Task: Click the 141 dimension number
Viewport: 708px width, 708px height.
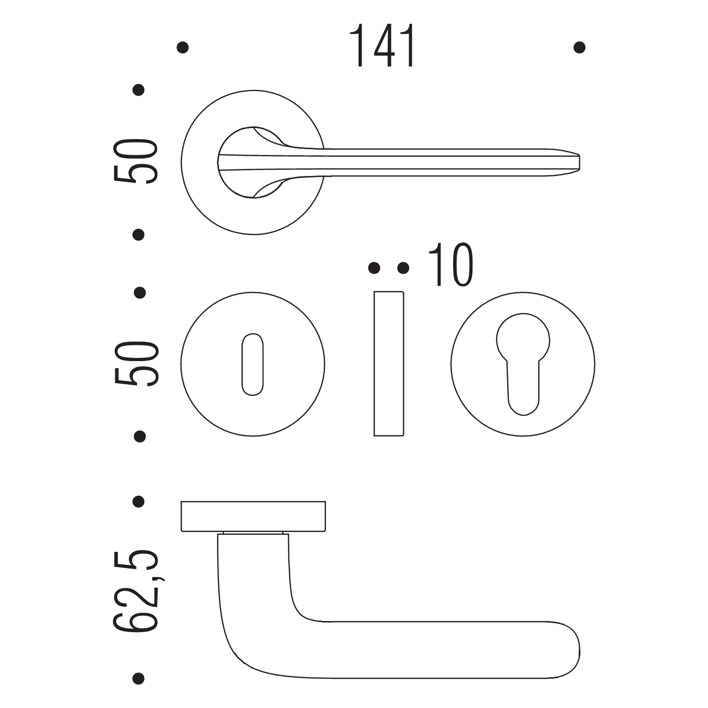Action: pos(382,46)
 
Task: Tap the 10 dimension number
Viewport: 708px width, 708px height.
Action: pos(451,264)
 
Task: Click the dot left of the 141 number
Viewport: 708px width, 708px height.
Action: pos(183,48)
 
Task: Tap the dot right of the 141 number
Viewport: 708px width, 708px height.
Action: pos(580,48)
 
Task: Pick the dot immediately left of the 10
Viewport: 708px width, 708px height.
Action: pos(403,268)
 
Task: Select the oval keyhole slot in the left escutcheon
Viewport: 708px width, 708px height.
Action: pos(252,365)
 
